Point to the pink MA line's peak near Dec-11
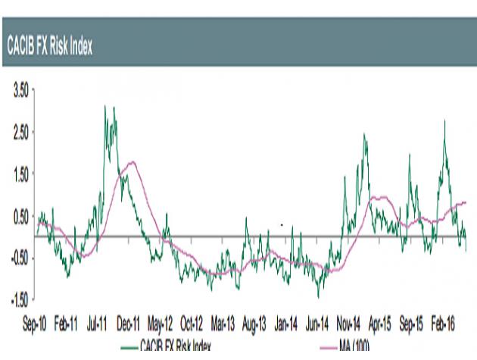[133, 161]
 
